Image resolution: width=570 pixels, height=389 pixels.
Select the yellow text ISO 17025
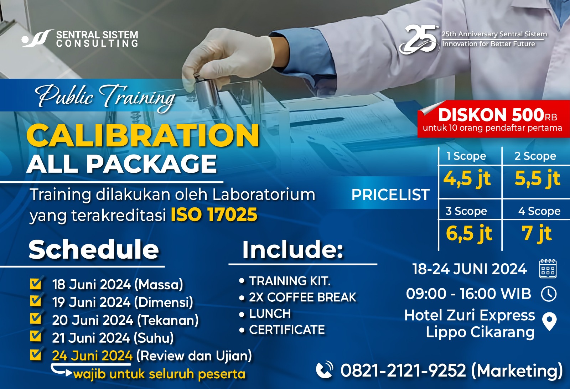tap(214, 214)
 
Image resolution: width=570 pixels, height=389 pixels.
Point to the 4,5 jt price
tap(467, 178)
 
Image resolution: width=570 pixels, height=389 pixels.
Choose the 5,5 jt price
tap(538, 178)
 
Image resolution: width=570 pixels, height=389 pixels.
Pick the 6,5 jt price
tap(469, 233)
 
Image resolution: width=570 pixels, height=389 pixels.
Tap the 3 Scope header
tap(466, 211)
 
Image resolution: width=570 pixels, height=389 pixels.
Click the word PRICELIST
tap(390, 194)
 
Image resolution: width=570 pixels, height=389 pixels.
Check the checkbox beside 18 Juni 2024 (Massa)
tap(36, 283)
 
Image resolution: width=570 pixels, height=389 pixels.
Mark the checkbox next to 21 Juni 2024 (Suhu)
tap(36, 337)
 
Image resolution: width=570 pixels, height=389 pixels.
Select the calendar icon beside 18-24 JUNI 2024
tap(548, 269)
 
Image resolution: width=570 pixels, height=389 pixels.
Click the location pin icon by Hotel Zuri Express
tap(549, 322)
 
